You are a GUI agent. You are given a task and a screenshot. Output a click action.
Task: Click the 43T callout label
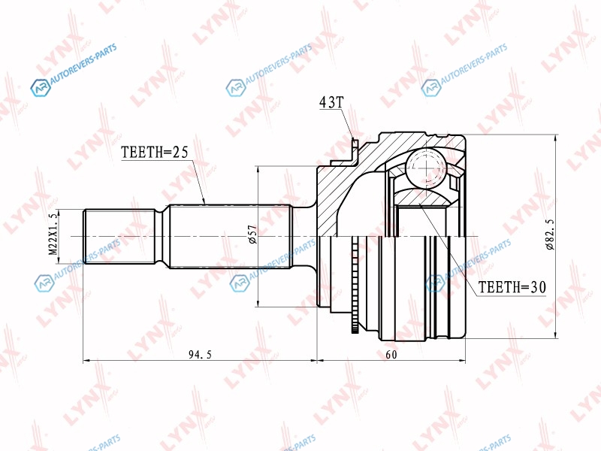click(x=332, y=102)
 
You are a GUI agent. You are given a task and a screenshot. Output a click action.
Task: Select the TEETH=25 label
click(x=155, y=153)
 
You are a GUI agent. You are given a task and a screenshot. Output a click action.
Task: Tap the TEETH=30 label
click(x=512, y=287)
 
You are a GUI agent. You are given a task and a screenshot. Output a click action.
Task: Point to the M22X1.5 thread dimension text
click(x=53, y=235)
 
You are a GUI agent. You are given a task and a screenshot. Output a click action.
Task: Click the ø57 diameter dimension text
click(x=252, y=235)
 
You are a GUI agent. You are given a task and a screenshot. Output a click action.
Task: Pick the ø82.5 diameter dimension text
click(x=550, y=235)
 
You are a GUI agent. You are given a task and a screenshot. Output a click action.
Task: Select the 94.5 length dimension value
click(x=200, y=355)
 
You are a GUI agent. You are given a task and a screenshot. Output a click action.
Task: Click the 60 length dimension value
click(x=391, y=355)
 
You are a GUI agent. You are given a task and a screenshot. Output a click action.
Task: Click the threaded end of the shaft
click(x=120, y=236)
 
